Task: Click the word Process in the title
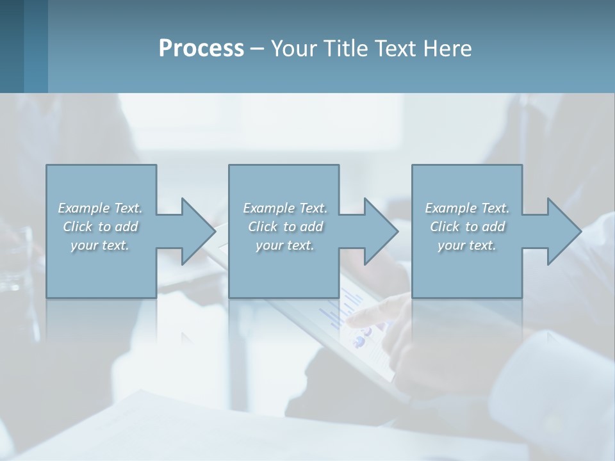click(201, 49)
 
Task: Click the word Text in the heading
click(397, 49)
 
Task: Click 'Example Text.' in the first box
click(101, 208)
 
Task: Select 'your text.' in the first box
click(101, 246)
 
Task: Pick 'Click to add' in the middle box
click(285, 227)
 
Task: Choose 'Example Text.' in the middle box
click(285, 208)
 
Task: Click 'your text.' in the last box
click(467, 246)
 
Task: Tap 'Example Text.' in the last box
click(467, 208)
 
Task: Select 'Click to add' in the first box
click(101, 227)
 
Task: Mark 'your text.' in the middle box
click(285, 246)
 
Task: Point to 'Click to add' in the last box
click(467, 227)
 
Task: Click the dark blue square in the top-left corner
click(12, 45)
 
